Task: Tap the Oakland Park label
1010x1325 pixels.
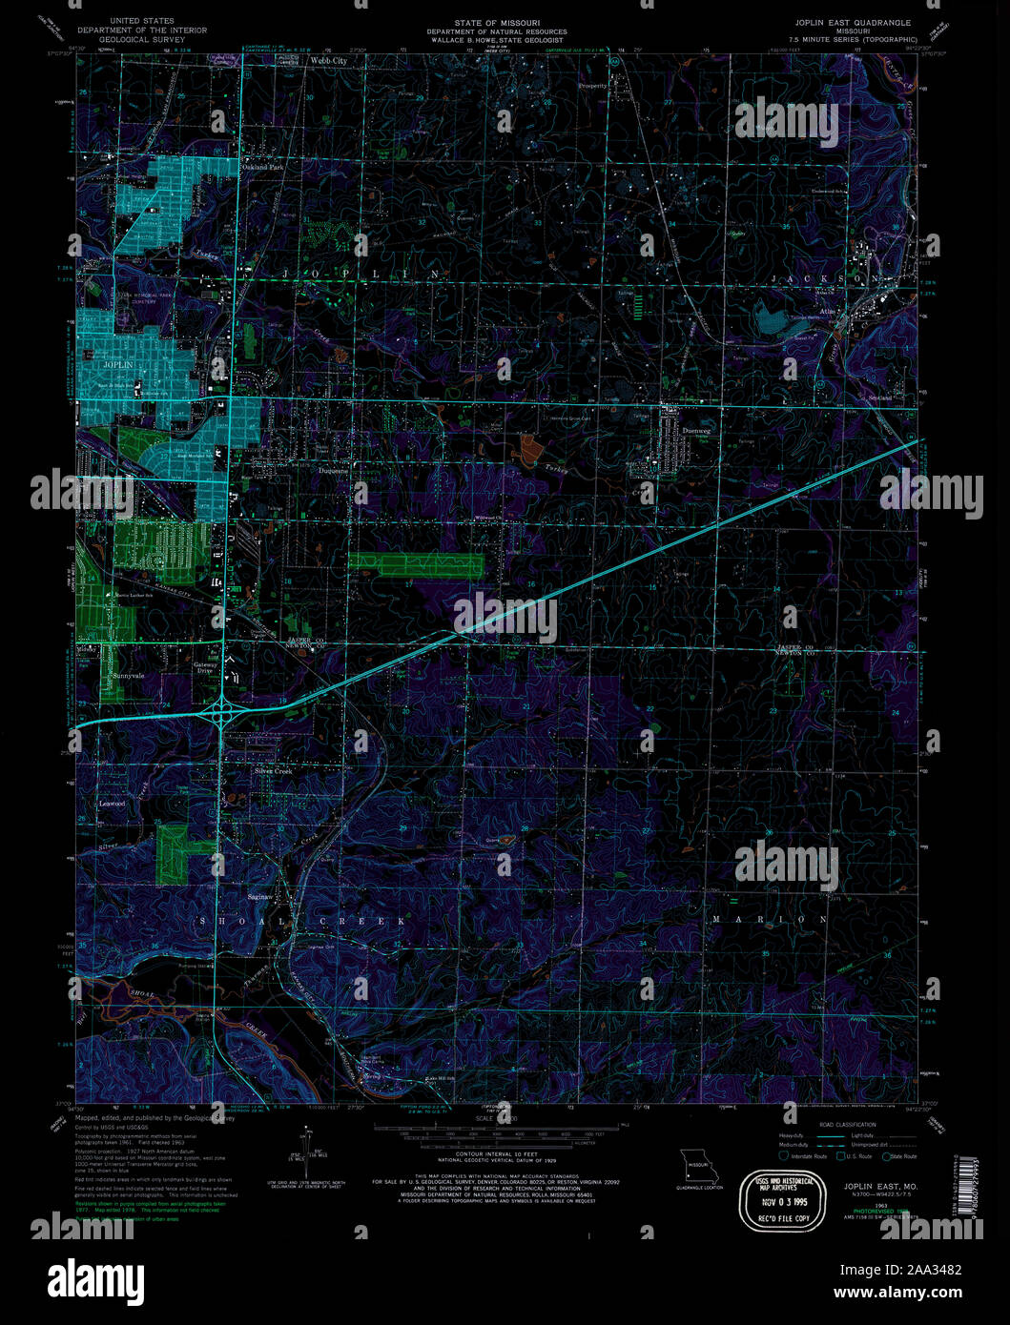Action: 263,167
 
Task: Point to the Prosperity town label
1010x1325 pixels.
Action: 592,86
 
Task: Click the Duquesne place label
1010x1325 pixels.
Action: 335,469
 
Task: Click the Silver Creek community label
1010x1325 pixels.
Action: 273,770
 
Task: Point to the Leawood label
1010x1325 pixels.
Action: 113,804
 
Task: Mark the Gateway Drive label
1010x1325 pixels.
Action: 205,668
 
